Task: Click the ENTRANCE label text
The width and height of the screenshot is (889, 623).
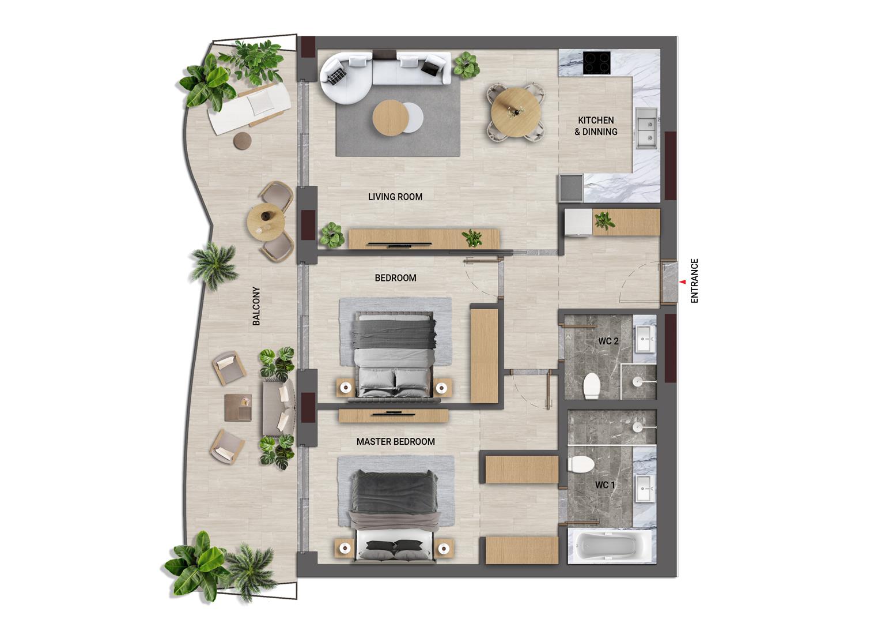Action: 694,281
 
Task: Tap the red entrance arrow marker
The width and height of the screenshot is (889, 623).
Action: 683,282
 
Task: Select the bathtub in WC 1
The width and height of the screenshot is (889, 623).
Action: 610,546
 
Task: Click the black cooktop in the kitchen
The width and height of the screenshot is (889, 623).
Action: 597,63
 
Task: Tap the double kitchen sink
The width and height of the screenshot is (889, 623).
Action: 646,128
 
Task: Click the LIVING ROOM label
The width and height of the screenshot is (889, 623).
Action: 395,197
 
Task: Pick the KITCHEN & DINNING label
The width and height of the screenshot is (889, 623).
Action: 596,126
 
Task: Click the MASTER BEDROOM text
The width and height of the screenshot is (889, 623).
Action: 395,442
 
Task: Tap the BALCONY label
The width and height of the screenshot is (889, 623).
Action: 256,306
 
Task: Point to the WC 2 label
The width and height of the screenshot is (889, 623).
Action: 608,341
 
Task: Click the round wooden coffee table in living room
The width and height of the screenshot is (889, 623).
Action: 390,118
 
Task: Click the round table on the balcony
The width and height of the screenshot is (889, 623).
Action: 266,221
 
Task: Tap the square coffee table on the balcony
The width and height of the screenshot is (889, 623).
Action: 238,407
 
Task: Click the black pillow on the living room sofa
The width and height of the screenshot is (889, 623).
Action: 430,68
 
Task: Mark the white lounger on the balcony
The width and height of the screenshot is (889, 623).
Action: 250,107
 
